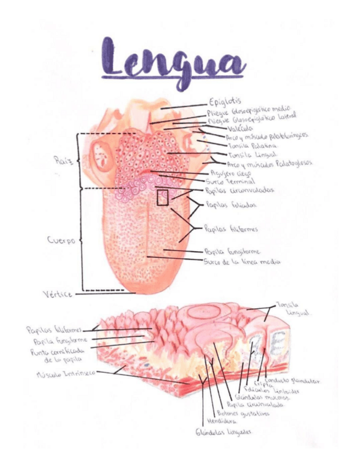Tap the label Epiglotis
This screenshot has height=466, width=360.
[225, 102]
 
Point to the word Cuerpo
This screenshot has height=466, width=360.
[60, 240]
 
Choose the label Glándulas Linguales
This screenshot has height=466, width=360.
[223, 432]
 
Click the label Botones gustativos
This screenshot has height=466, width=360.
[243, 413]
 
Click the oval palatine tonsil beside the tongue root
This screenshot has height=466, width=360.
[101, 153]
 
